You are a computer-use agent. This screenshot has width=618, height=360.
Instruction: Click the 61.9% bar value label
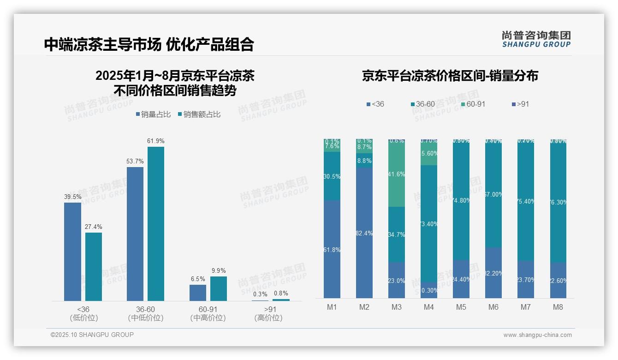[x=156, y=141]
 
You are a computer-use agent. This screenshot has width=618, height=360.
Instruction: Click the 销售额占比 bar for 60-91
[x=219, y=288]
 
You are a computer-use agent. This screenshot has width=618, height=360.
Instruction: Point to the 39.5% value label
[x=72, y=197]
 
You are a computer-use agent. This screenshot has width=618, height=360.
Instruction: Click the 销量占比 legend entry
[x=153, y=114]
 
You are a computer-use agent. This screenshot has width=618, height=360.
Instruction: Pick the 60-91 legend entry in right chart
[x=473, y=104]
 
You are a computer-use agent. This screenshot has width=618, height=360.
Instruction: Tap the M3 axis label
[x=397, y=307]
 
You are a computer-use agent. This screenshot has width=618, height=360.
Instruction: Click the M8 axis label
[x=558, y=307]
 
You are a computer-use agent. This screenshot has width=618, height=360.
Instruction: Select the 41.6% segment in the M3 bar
[x=397, y=174]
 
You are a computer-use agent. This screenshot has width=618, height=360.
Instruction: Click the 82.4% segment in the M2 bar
[x=364, y=233]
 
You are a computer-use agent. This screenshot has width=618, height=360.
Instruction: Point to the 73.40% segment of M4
[x=429, y=224]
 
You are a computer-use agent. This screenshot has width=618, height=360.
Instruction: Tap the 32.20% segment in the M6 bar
[x=493, y=273]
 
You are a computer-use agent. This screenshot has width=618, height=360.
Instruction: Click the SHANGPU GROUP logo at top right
[x=536, y=39]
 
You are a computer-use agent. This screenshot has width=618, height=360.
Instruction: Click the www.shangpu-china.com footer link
[x=537, y=335]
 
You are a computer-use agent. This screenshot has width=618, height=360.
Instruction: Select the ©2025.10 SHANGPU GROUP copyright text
[x=92, y=335]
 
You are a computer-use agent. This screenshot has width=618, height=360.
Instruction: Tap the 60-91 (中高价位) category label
[x=208, y=313]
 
